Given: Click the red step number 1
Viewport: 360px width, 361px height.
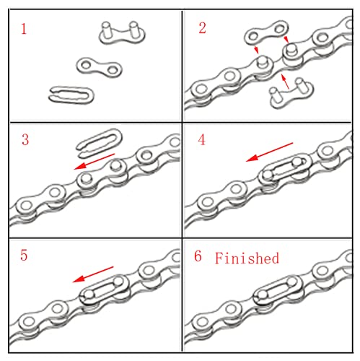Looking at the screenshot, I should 25,30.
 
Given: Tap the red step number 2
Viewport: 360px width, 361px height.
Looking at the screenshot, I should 202,30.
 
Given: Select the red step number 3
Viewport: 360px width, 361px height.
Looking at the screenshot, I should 25,139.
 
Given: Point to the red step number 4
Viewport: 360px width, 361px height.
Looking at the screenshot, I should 202,139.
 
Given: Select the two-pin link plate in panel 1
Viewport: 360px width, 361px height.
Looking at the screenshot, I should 118,32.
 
